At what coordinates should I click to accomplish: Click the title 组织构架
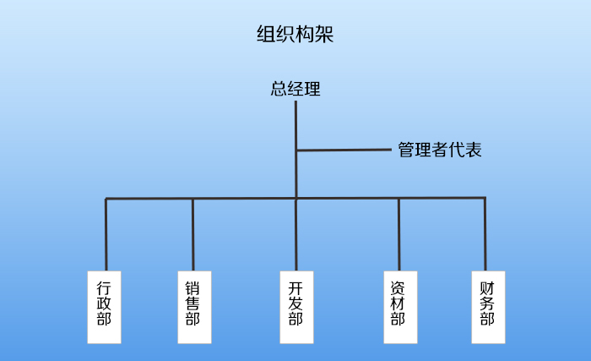coord(295,35)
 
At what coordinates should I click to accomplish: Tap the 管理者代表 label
coord(440,151)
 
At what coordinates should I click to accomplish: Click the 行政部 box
coord(105,306)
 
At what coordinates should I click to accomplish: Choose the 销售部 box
coord(193,306)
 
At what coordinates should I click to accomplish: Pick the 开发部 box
coord(295,306)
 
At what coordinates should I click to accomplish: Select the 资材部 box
coord(399,306)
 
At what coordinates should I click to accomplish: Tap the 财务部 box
coord(486,306)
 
